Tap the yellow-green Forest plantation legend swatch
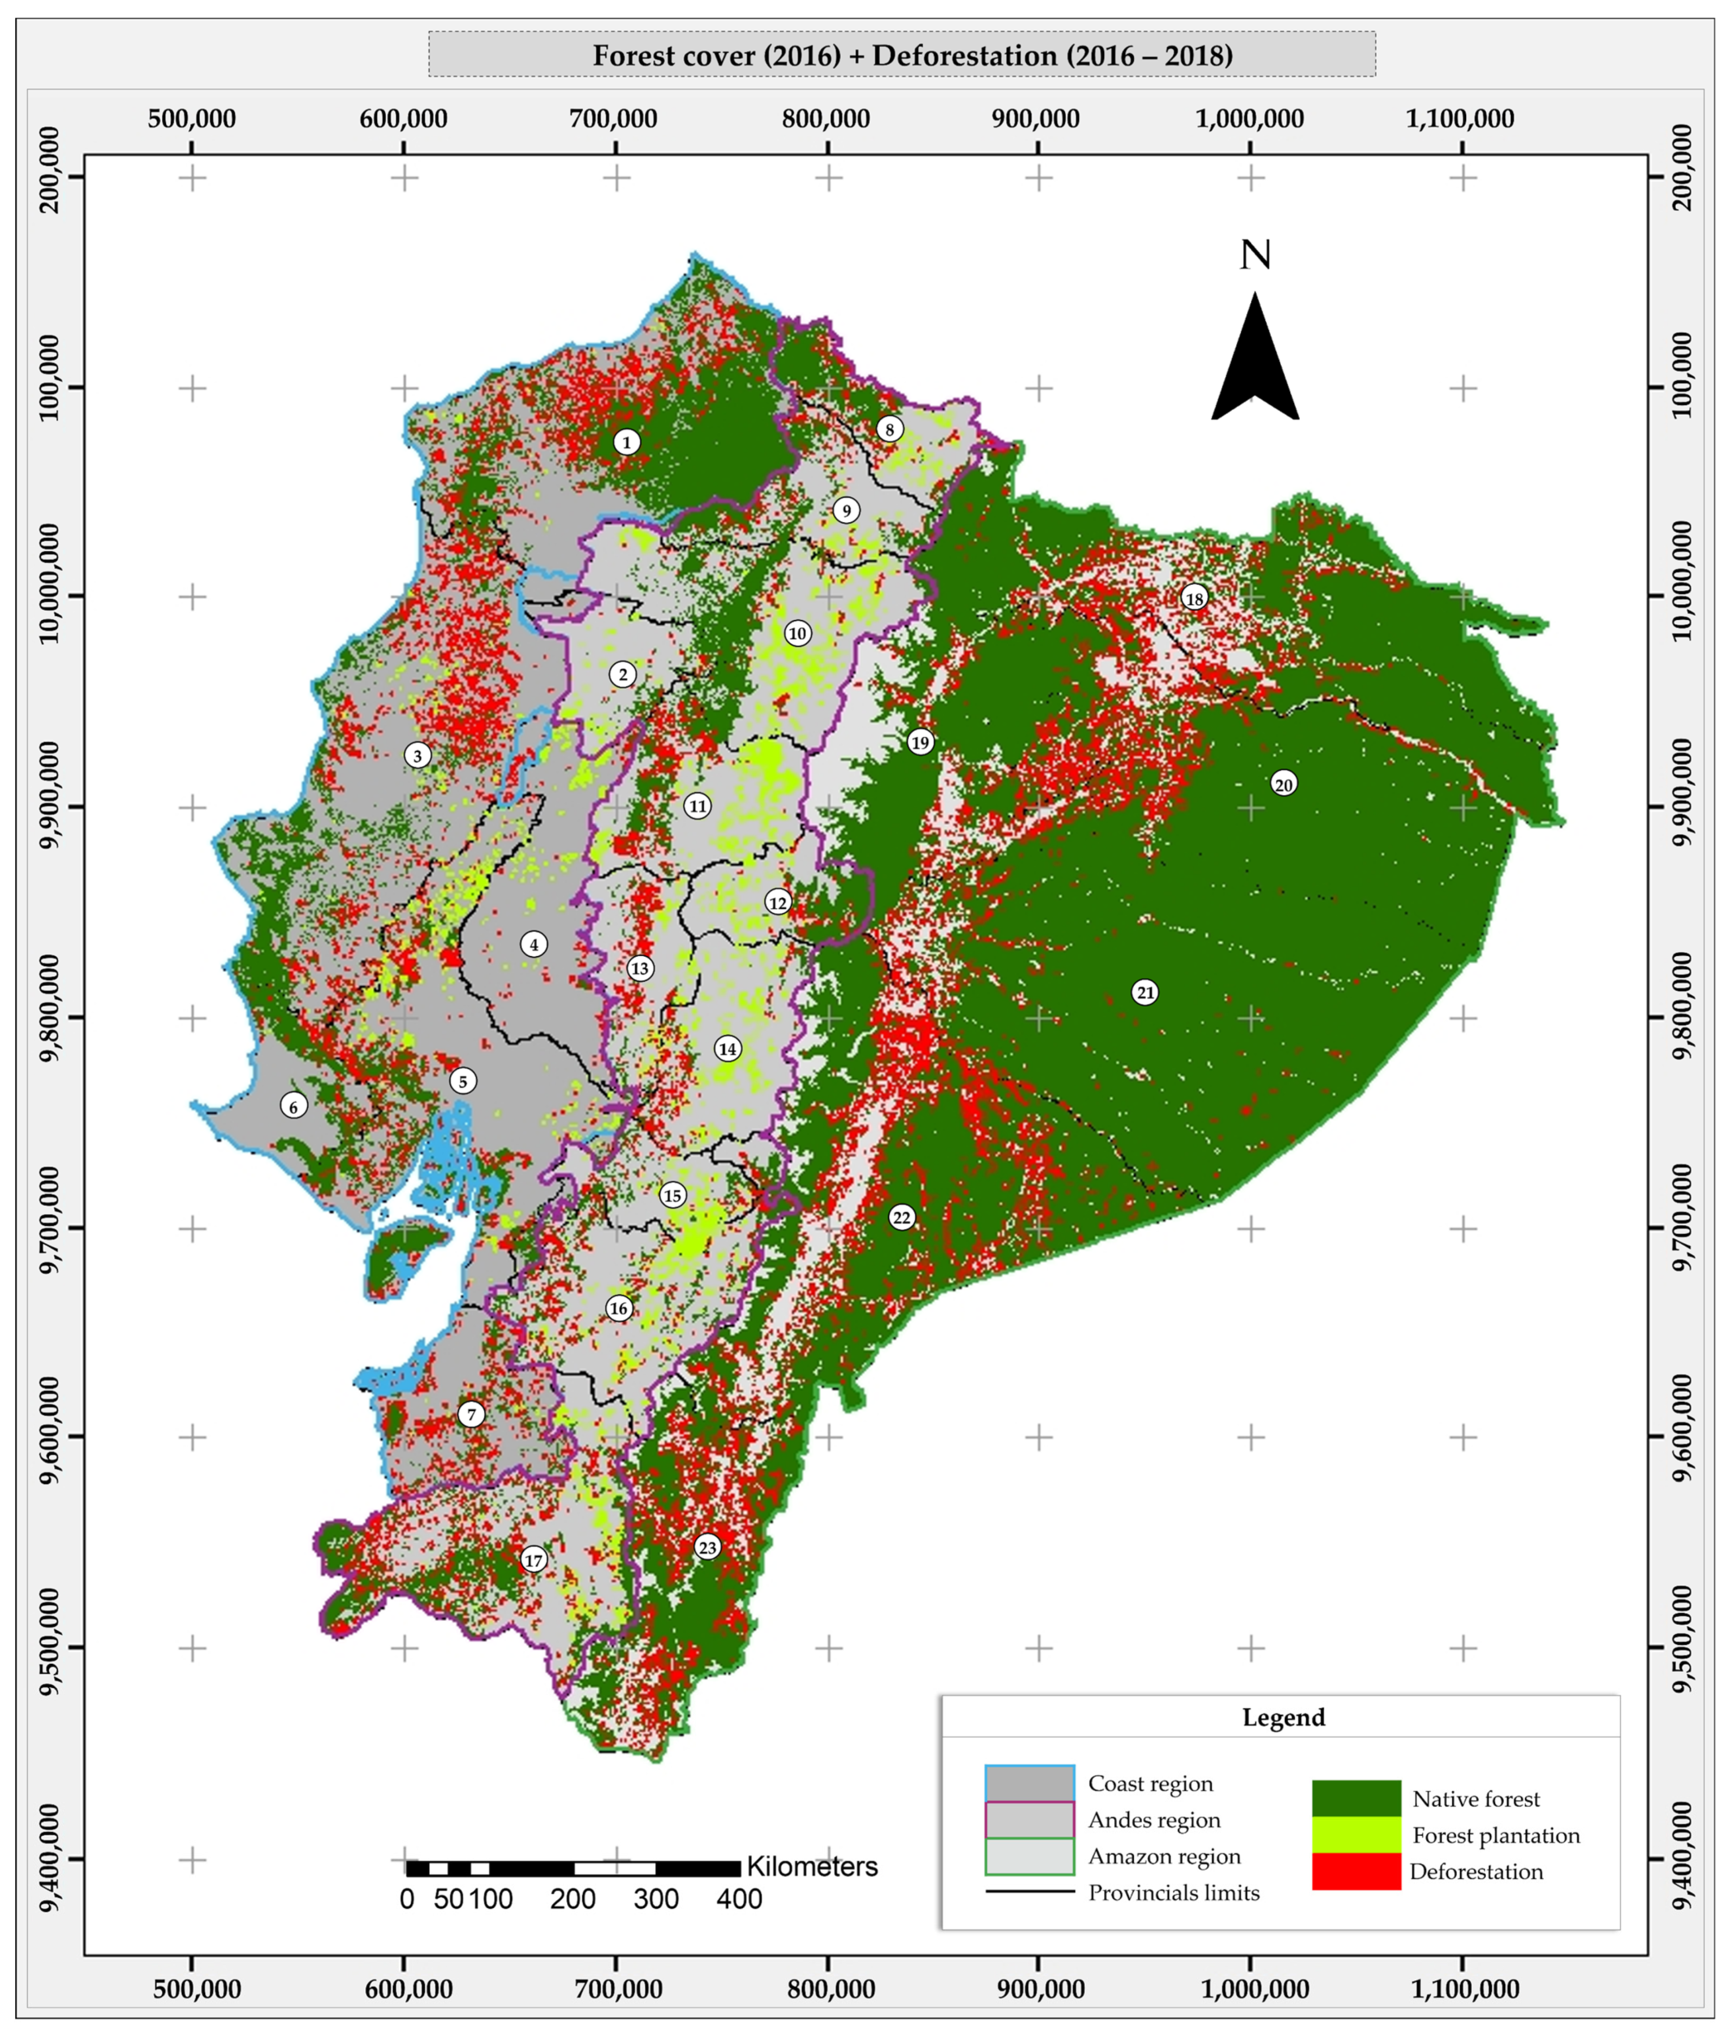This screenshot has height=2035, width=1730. click(1356, 1834)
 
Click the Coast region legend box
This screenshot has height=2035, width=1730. click(1029, 1783)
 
